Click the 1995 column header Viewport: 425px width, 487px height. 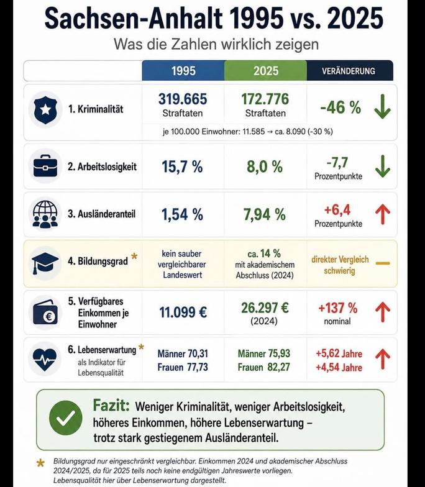coord(183,71)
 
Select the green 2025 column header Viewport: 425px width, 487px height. coord(266,71)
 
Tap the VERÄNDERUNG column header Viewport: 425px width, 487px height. coord(350,71)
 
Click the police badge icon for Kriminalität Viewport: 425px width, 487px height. coord(45,109)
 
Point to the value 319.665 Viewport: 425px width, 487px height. coord(183,99)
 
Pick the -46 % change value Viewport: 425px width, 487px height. coord(340,107)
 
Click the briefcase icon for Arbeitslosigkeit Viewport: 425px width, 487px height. coord(45,166)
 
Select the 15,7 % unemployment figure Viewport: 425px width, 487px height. coord(182,166)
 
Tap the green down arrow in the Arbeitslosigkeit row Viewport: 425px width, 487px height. coord(383,166)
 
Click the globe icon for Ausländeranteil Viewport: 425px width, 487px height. coord(45,214)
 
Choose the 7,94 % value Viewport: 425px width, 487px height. coord(265,214)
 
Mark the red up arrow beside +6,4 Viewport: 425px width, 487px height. coord(383,214)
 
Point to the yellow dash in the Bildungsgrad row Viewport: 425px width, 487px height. coord(383,263)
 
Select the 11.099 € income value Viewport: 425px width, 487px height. coord(183,312)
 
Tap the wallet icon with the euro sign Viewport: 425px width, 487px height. coord(45,312)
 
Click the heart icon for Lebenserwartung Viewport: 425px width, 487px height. coord(45,359)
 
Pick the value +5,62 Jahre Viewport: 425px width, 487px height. coord(339,354)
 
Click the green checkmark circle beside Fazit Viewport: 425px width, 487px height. coord(66,418)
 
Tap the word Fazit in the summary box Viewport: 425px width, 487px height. coord(111,405)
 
